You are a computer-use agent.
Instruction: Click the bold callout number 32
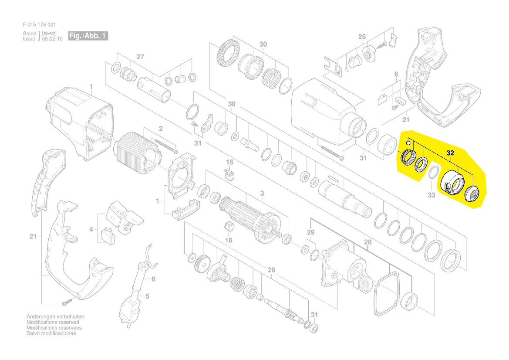(450, 153)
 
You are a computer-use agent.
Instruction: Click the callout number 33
(431, 195)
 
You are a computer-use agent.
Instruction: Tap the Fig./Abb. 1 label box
(88, 36)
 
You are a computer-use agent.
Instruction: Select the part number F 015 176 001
(39, 24)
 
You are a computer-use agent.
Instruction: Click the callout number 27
(140, 57)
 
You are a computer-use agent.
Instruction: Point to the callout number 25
(362, 37)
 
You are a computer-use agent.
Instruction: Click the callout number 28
(367, 242)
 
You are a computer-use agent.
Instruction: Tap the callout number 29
(310, 232)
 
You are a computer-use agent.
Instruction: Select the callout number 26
(271, 270)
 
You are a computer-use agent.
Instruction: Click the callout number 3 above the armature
(262, 194)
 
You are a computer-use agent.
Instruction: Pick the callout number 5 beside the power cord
(147, 296)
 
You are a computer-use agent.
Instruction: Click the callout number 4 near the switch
(91, 230)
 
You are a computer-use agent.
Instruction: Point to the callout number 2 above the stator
(161, 129)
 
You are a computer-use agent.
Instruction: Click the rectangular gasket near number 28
(386, 294)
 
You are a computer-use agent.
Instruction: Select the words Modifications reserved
(53, 323)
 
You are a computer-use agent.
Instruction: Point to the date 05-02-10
(52, 39)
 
